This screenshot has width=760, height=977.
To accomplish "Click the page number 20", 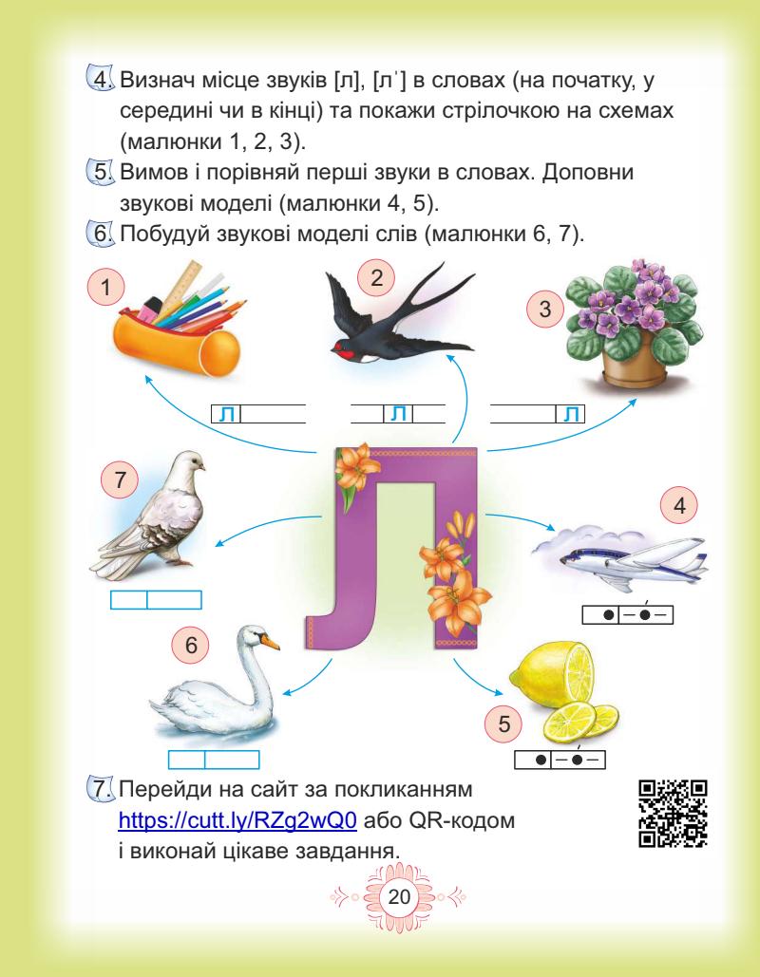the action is (380, 895).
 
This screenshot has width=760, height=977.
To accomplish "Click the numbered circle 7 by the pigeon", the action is (120, 482).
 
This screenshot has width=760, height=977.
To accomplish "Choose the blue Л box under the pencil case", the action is (226, 414).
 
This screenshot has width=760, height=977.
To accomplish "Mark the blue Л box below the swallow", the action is (399, 414).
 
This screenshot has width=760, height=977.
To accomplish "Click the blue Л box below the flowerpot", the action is (570, 414).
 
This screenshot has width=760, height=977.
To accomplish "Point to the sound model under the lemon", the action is (560, 761).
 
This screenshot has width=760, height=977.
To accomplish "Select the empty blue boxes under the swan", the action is (214, 760).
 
